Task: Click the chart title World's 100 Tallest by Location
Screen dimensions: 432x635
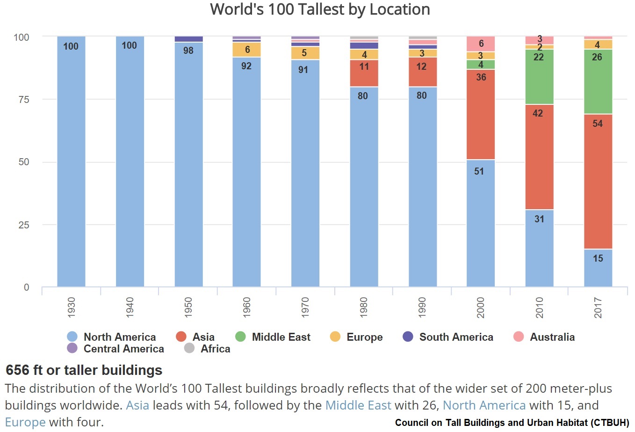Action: click(x=320, y=9)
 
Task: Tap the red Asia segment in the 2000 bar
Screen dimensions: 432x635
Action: click(x=481, y=115)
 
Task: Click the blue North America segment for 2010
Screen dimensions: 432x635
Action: click(x=539, y=248)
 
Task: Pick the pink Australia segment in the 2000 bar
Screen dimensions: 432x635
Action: click(x=481, y=44)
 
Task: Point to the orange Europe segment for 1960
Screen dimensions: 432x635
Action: click(x=246, y=50)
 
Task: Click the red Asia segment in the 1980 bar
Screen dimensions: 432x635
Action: click(x=364, y=73)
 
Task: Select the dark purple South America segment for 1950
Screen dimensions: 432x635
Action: click(x=188, y=39)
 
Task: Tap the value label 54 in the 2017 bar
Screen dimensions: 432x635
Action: click(x=598, y=124)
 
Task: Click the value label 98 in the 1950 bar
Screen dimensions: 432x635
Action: click(x=188, y=51)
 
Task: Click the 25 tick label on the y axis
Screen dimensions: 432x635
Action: click(x=23, y=225)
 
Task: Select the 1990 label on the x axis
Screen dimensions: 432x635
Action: click(x=422, y=307)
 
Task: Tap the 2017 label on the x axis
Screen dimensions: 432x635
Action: click(x=598, y=307)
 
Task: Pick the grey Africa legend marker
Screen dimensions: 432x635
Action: click(x=189, y=348)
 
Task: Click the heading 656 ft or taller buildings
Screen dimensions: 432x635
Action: click(x=84, y=370)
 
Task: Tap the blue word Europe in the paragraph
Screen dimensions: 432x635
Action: click(x=25, y=422)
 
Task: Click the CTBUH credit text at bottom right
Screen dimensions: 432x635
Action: click(x=512, y=423)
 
